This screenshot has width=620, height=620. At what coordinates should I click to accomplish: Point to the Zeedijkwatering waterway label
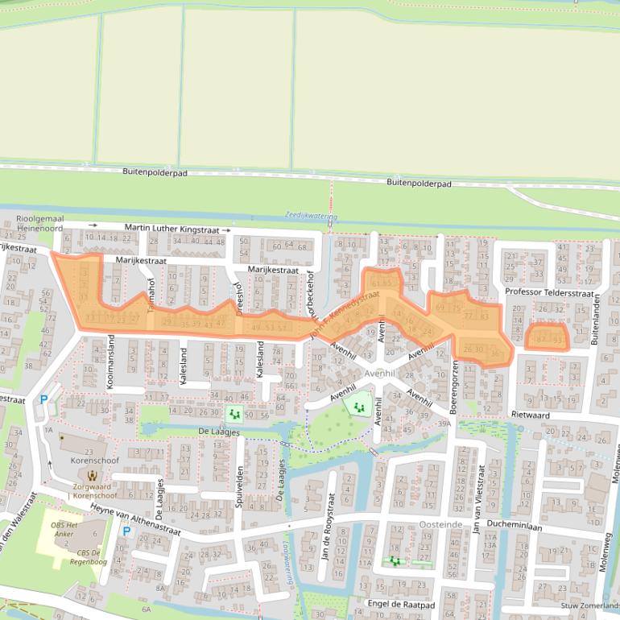311,216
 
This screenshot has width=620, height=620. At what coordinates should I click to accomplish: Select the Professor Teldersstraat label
543,291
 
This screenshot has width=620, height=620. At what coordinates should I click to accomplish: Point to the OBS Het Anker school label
68,530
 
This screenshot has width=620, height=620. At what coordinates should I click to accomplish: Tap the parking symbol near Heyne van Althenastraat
126,531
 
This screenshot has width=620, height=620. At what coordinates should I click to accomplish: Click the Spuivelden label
240,485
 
